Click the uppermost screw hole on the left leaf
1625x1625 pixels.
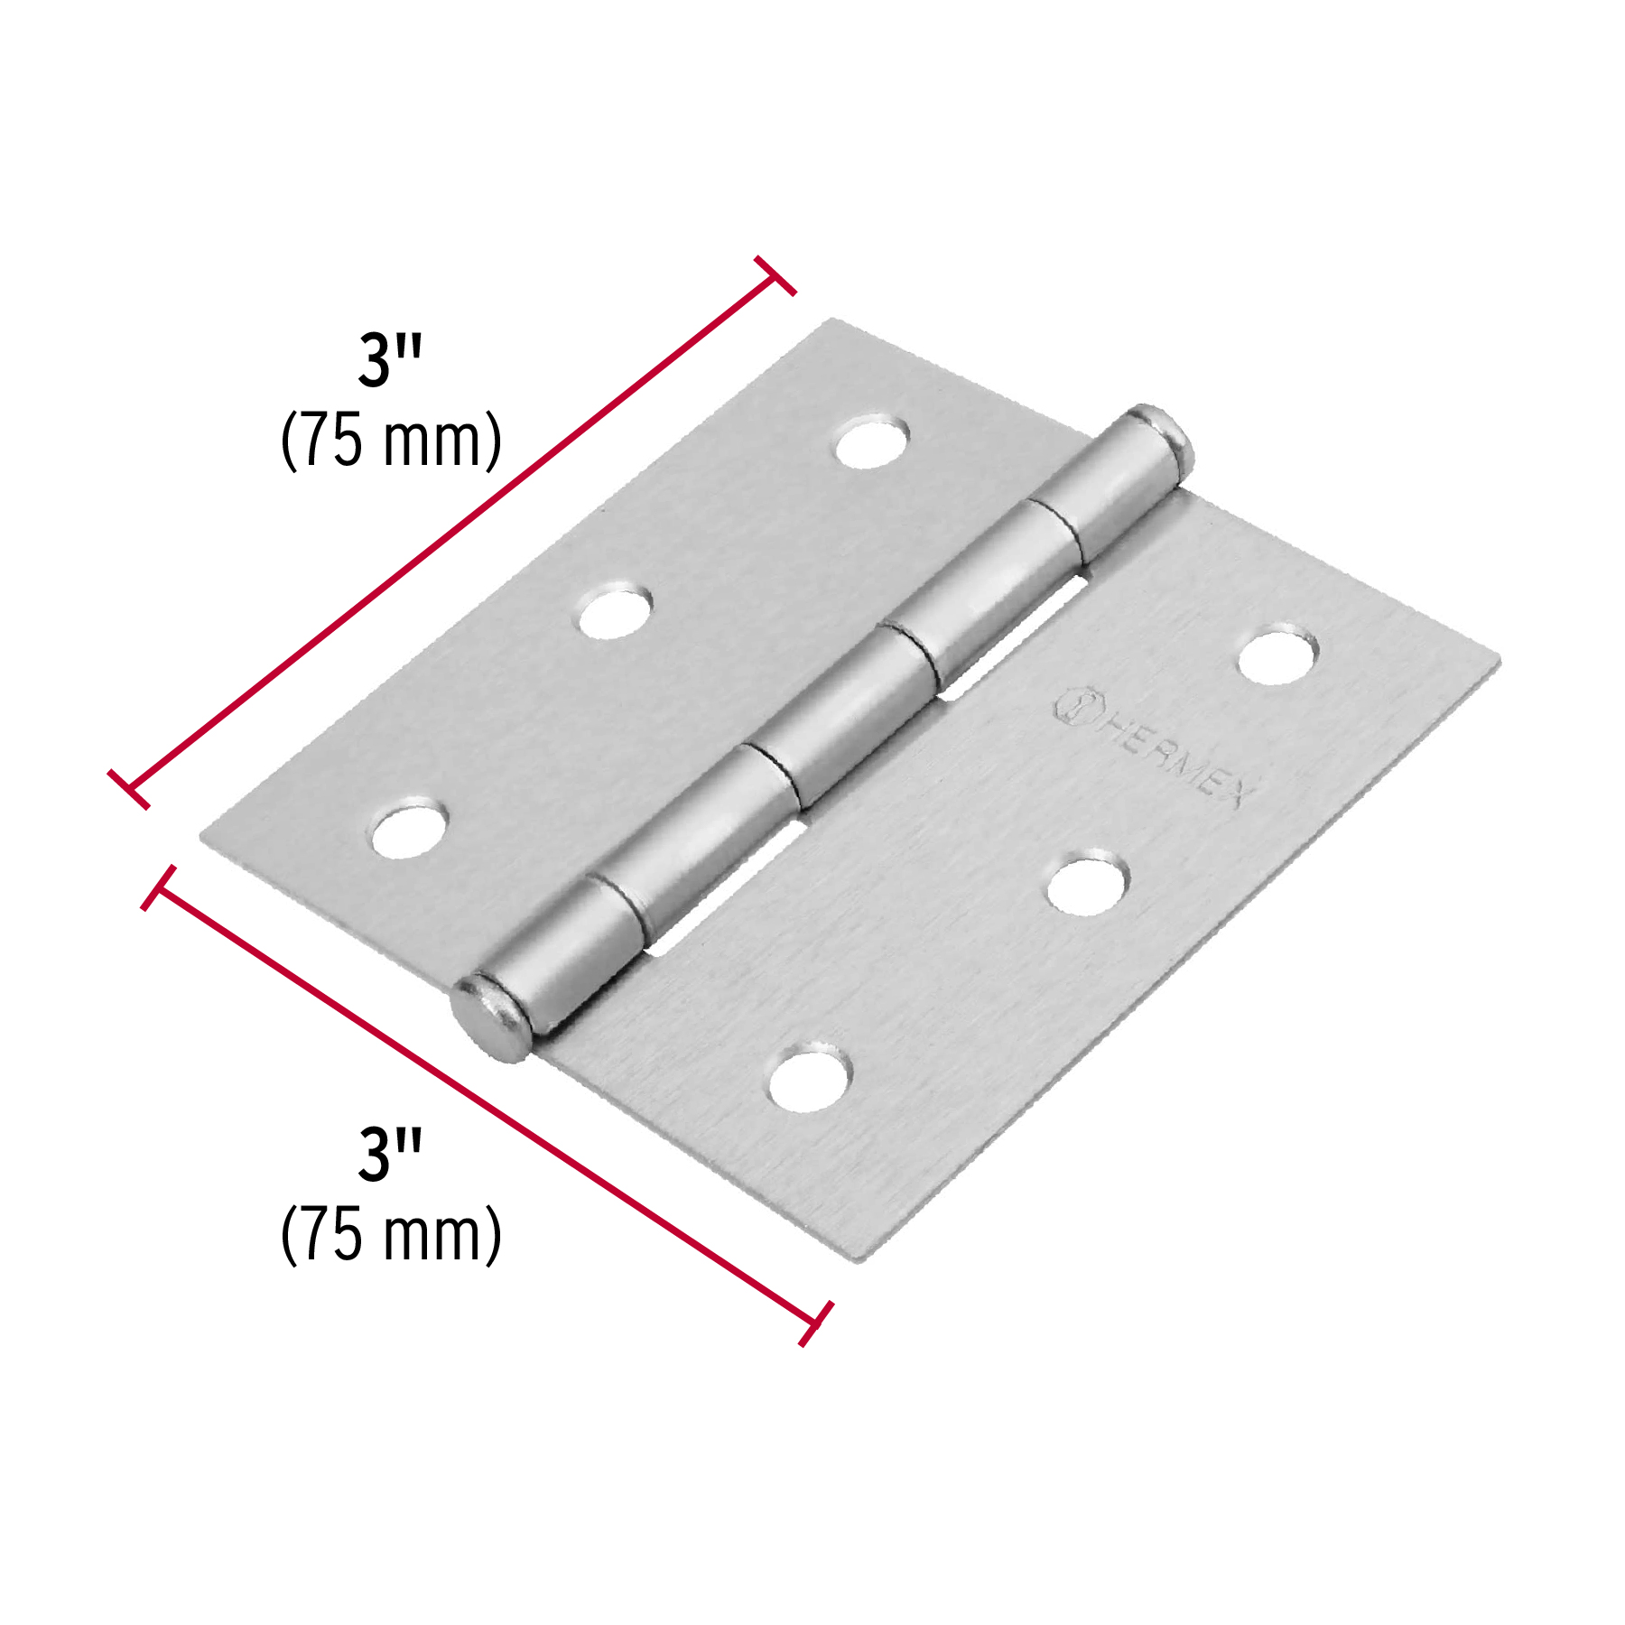pyautogui.click(x=871, y=441)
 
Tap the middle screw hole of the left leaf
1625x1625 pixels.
pyautogui.click(x=615, y=612)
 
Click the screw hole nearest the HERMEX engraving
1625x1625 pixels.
pyautogui.click(x=1277, y=655)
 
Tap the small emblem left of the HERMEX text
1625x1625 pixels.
pyautogui.click(x=1074, y=705)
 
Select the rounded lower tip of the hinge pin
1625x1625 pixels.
pyautogui.click(x=489, y=1017)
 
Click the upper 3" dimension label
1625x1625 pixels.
pyautogui.click(x=390, y=361)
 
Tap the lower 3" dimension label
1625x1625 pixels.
pyautogui.click(x=390, y=1156)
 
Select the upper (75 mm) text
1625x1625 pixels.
pyautogui.click(x=391, y=441)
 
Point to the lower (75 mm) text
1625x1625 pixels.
pyautogui.click(x=391, y=1235)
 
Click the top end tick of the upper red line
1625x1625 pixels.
pyautogui.click(x=775, y=275)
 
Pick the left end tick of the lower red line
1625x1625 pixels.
pyautogui.click(x=158, y=888)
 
